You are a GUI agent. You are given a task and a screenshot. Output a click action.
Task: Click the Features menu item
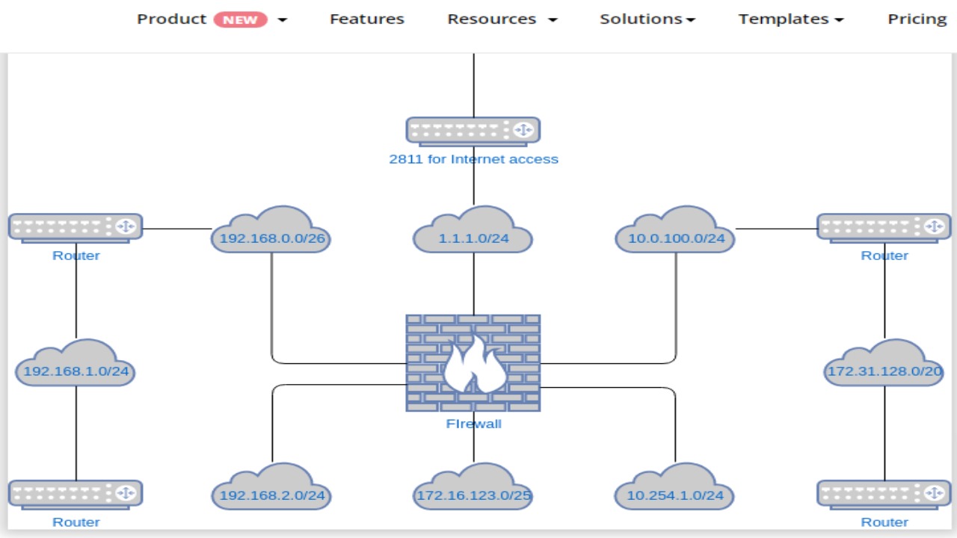click(366, 19)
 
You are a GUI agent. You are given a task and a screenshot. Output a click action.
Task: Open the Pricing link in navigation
click(917, 19)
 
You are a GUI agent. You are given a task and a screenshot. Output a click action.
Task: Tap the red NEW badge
click(240, 20)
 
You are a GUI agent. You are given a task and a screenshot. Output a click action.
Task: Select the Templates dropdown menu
click(790, 19)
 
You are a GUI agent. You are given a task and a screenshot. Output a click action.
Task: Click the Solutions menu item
click(647, 19)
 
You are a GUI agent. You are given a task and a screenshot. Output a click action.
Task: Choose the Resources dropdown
click(502, 19)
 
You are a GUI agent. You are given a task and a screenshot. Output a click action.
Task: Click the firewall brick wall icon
click(473, 362)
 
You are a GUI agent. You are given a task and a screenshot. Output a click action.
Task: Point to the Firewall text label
click(473, 424)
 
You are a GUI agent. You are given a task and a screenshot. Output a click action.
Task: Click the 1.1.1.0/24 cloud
click(473, 233)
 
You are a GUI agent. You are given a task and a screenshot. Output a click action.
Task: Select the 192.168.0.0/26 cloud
click(271, 233)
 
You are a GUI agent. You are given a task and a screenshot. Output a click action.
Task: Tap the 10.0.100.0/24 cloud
click(675, 233)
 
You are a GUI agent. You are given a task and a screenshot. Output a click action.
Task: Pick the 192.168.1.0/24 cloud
click(76, 366)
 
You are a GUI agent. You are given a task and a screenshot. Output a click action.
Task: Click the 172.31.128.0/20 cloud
click(884, 366)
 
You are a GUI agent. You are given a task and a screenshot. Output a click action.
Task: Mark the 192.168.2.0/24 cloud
click(271, 489)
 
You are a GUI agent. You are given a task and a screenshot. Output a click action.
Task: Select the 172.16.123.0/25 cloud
click(473, 489)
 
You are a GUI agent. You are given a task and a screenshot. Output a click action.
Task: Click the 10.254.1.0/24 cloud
click(675, 489)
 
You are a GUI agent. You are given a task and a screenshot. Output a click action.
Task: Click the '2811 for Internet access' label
click(473, 159)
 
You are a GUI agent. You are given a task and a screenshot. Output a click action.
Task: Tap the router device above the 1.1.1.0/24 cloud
click(473, 130)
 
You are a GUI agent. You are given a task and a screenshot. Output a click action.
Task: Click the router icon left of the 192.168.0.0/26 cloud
click(76, 227)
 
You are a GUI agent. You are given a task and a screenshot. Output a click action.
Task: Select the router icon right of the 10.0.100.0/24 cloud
click(884, 227)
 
